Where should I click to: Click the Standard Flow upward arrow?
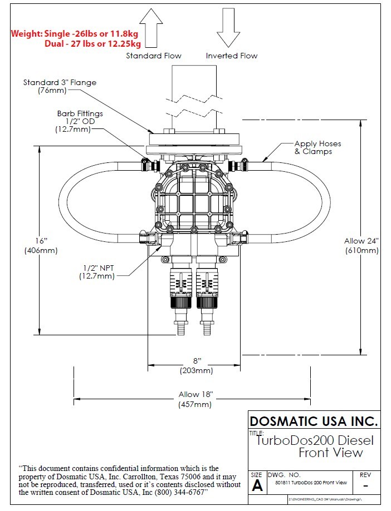[x=151, y=28]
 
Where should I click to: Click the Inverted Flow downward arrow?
[x=228, y=28]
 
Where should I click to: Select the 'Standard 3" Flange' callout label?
[x=60, y=86]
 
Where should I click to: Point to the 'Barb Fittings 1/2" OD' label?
[x=80, y=121]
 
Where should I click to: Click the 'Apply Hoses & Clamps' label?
[x=317, y=147]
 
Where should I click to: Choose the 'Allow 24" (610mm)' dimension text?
[x=361, y=245]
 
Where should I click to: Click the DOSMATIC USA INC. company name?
[x=314, y=420]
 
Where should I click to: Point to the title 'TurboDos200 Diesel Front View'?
[x=315, y=446]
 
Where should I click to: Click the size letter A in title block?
[x=257, y=485]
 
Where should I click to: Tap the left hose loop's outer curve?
[x=61, y=201]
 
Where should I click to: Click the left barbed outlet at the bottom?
[x=181, y=328]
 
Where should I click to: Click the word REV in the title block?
[x=365, y=475]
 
